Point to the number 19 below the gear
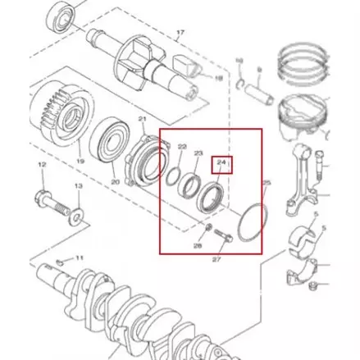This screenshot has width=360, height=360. (80, 162)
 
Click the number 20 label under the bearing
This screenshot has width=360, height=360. (116, 181)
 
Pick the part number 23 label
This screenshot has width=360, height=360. (198, 153)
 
